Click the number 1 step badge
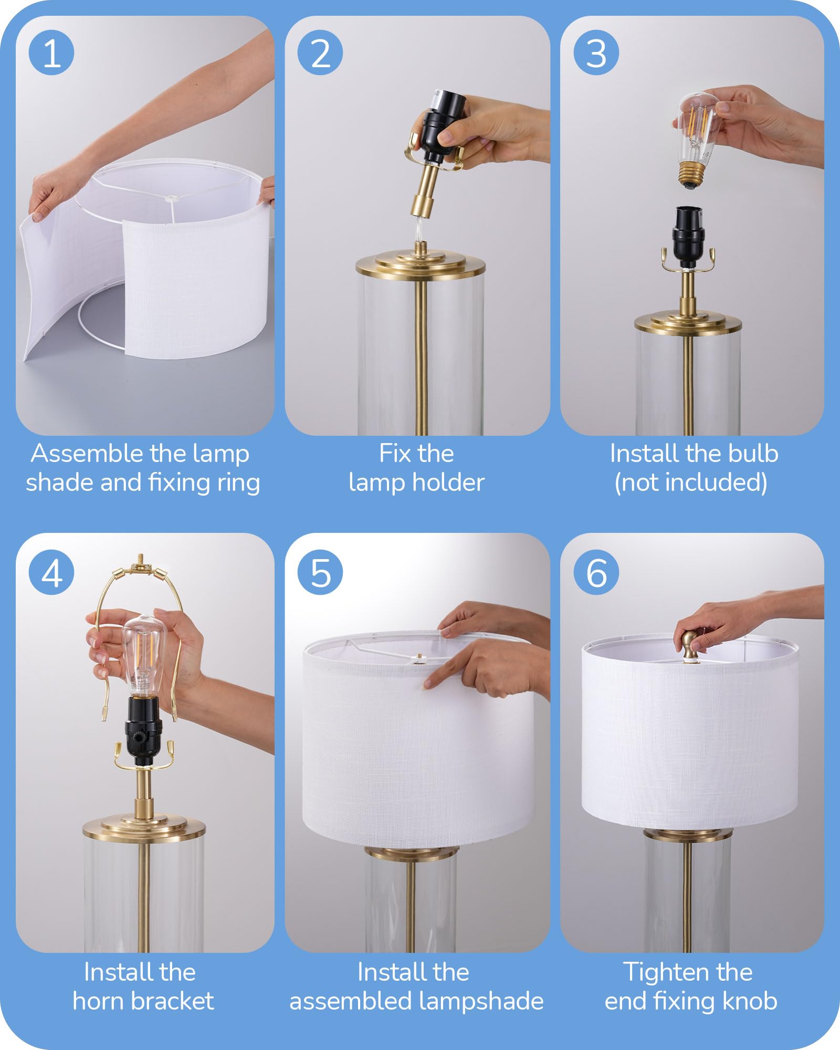[x=51, y=52]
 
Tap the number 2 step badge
[x=320, y=52]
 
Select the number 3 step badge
[x=596, y=52]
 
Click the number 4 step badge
[x=51, y=572]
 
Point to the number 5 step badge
[x=320, y=572]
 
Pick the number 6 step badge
[x=596, y=572]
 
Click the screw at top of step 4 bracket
[x=140, y=560]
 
